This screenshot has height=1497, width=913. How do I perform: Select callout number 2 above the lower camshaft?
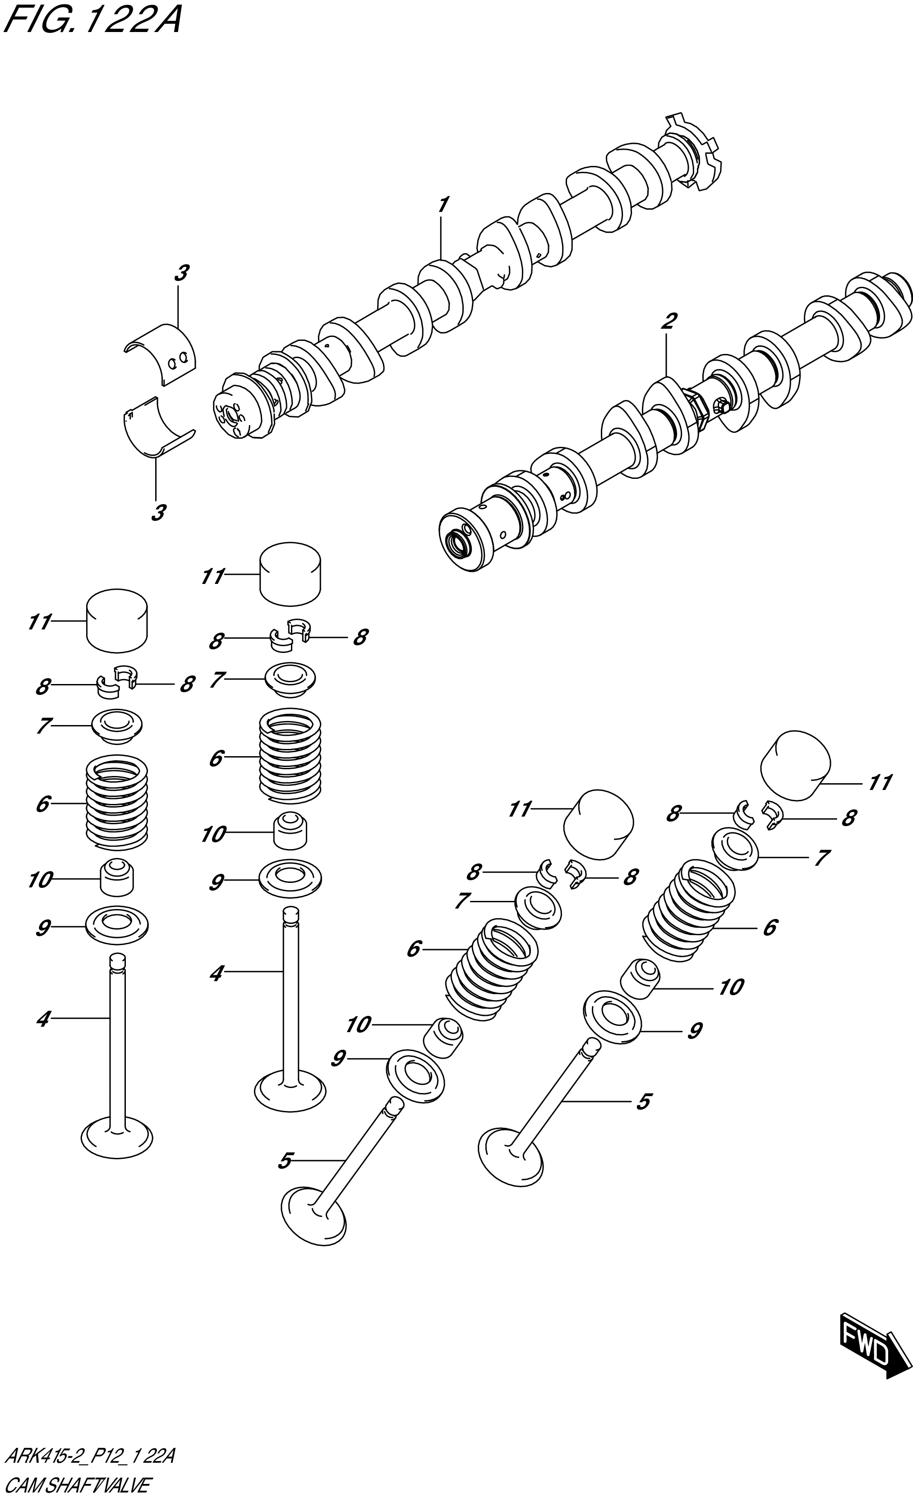(x=668, y=321)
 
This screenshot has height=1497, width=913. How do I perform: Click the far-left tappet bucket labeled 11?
(x=117, y=620)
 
